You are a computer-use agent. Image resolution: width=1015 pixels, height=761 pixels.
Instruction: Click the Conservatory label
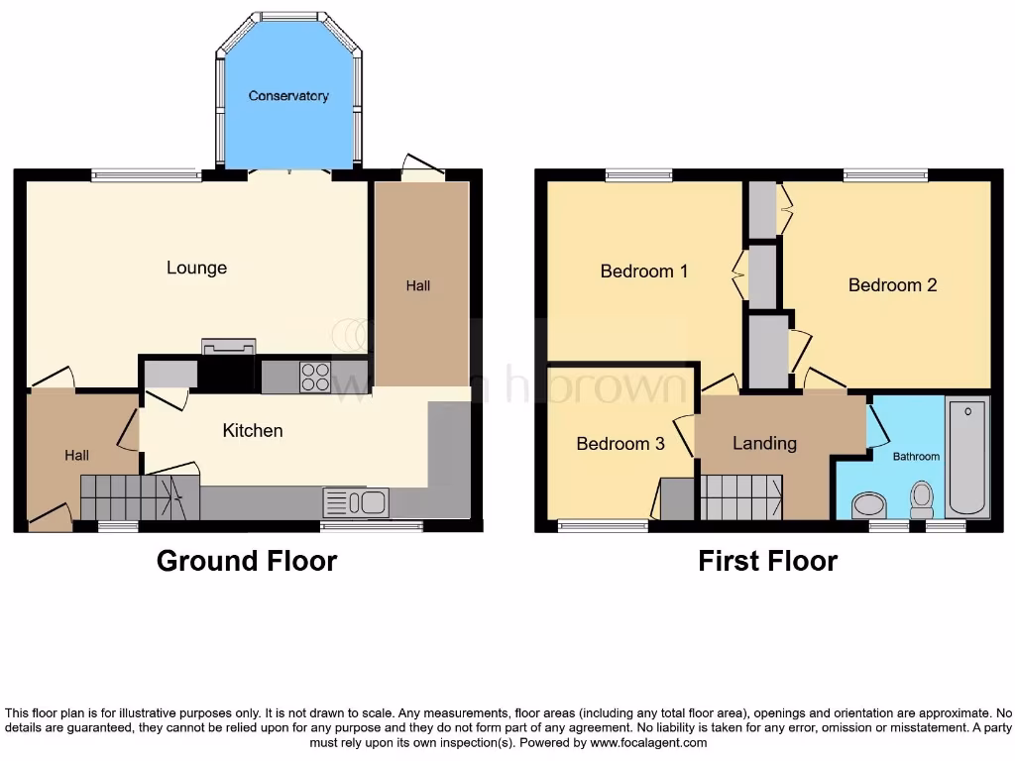288,96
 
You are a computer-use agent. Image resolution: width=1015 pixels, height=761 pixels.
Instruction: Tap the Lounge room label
196,268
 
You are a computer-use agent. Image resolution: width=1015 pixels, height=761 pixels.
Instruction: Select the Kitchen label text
252,430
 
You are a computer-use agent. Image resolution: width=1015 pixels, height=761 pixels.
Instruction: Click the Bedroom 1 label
644,271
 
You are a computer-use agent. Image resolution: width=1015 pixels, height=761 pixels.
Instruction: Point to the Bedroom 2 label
892,284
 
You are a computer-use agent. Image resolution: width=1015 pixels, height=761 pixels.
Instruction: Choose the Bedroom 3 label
620,443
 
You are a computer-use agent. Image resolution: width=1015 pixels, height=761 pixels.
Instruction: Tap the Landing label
764,443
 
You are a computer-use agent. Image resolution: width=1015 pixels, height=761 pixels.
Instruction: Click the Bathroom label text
916,457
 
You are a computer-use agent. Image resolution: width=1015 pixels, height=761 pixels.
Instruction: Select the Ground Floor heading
247,561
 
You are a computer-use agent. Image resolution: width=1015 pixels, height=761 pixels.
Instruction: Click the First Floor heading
767,561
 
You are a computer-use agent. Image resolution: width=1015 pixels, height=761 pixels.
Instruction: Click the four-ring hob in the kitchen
315,377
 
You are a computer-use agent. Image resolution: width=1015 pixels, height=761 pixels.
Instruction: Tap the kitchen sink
355,502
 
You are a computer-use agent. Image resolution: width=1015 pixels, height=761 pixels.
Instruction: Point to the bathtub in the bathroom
966,457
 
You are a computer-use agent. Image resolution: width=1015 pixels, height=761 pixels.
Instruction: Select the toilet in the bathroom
922,498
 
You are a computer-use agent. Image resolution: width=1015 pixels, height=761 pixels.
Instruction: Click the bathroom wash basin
869,505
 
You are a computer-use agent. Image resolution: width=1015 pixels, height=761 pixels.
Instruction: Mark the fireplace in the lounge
228,347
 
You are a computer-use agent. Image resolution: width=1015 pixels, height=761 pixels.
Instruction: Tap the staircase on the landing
741,496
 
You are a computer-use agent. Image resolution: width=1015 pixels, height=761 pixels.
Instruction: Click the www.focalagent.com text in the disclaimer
649,742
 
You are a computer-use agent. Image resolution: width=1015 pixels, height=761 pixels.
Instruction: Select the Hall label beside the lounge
418,285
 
